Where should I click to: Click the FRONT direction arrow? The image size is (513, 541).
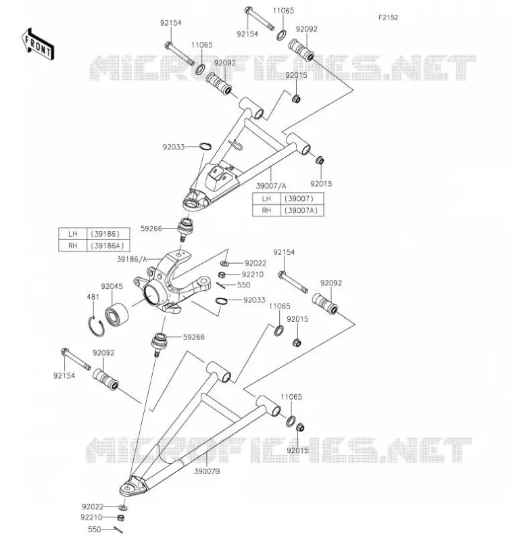point(38,45)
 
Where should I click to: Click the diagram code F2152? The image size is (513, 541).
point(388,18)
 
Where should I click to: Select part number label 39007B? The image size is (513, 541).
point(207,471)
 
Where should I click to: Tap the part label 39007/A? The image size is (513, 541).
point(271,186)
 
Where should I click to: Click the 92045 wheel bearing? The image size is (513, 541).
point(116,314)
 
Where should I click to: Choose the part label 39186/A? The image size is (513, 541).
point(132,259)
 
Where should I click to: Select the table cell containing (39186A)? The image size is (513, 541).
point(108,245)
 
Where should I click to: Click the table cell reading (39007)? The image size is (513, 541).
point(302,199)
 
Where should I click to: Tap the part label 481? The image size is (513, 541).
point(93,297)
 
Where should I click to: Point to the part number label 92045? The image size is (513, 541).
point(112,286)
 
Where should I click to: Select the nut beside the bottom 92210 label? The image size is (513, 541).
point(120,517)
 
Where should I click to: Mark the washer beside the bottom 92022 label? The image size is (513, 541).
point(123,507)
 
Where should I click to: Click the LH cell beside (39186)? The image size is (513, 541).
point(72,234)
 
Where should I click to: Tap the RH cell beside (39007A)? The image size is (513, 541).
point(266,210)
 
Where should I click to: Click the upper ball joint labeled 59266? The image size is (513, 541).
point(185,228)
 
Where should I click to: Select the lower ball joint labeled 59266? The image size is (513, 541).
point(160,344)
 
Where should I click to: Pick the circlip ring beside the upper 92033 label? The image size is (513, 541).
point(205,146)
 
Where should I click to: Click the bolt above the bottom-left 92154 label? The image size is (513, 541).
point(76,359)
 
